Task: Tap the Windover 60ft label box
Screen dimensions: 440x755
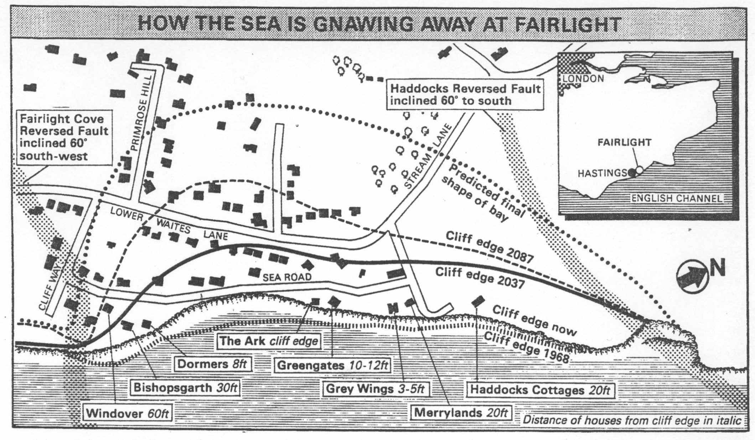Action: pos(127,413)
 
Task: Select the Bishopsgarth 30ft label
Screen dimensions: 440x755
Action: pos(185,388)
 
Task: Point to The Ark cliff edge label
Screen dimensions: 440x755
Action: pos(269,341)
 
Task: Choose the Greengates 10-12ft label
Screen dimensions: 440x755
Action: pos(333,366)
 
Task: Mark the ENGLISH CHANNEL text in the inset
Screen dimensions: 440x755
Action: pos(677,198)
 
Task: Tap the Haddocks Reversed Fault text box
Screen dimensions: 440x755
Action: pos(465,94)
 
